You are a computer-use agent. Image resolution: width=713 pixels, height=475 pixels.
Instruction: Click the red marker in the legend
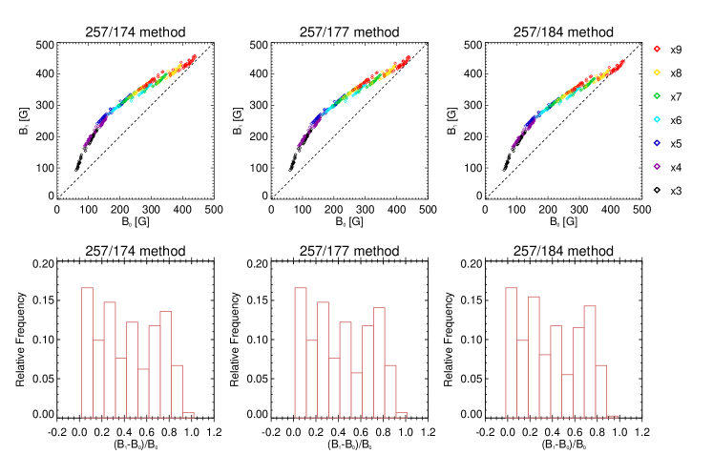pyautogui.click(x=657, y=49)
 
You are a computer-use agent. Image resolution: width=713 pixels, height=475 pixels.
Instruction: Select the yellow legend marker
pyautogui.click(x=657, y=72)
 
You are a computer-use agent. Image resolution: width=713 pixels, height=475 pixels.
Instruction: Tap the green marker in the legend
pyautogui.click(x=657, y=96)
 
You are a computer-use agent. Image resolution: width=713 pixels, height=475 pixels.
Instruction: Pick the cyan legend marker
pyautogui.click(x=657, y=119)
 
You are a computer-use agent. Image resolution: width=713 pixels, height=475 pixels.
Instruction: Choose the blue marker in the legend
pyautogui.click(x=657, y=143)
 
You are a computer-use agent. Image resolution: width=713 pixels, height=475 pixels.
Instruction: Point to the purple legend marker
pyautogui.click(x=657, y=167)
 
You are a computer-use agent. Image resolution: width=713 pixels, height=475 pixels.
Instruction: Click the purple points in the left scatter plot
pyautogui.click(x=88, y=140)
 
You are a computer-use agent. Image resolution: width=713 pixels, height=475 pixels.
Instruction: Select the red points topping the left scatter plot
pyautogui.click(x=191, y=60)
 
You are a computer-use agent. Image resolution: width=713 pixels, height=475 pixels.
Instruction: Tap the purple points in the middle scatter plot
pyautogui.click(x=302, y=140)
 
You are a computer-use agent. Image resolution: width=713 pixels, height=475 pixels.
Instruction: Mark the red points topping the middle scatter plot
pyautogui.click(x=405, y=60)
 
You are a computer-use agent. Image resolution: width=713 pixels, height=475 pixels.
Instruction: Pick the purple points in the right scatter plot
pyautogui.click(x=516, y=140)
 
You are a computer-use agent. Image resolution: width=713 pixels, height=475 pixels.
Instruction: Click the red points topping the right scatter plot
pyautogui.click(x=619, y=65)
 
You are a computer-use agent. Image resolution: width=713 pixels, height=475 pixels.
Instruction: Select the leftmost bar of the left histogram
pyautogui.click(x=87, y=353)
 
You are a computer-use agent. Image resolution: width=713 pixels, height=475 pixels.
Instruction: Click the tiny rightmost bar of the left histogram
pyautogui.click(x=188, y=415)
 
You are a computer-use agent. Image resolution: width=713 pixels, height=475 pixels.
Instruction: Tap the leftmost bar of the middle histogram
pyautogui.click(x=301, y=353)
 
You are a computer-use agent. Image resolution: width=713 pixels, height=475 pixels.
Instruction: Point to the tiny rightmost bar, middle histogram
pyautogui.click(x=402, y=415)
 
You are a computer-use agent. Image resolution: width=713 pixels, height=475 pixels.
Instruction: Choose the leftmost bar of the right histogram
pyautogui.click(x=512, y=353)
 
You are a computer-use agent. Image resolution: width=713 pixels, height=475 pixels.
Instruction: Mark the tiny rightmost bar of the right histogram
pyautogui.click(x=612, y=416)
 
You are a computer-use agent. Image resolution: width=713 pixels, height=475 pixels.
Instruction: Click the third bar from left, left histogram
pyautogui.click(x=110, y=361)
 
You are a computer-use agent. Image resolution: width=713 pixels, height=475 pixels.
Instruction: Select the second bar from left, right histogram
pyautogui.click(x=522, y=379)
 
